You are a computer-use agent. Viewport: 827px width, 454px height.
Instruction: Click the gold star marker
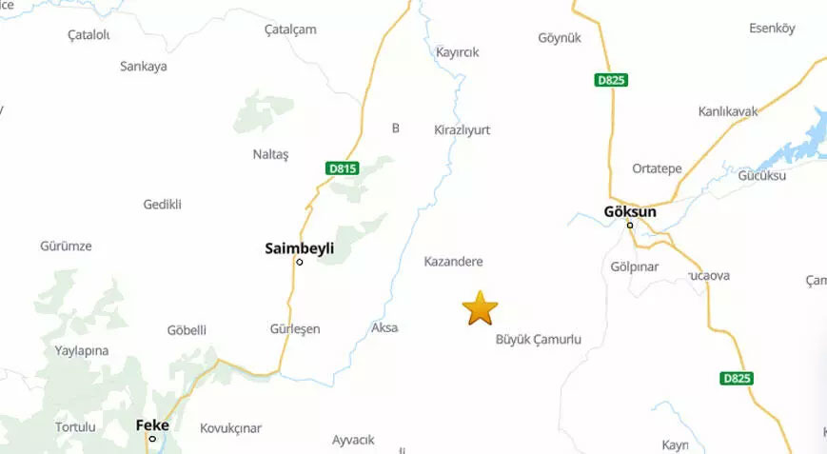pyautogui.click(x=480, y=308)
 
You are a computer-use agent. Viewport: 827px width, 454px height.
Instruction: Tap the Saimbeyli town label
pyautogui.click(x=300, y=247)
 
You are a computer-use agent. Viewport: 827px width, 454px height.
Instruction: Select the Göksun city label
pyautogui.click(x=630, y=211)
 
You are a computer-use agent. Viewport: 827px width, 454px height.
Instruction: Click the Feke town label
pyautogui.click(x=152, y=424)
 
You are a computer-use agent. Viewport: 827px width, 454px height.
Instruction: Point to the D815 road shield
pyautogui.click(x=342, y=168)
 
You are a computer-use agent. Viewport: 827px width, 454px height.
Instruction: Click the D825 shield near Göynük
pyautogui.click(x=611, y=80)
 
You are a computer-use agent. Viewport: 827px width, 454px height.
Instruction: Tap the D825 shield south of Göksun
pyautogui.click(x=737, y=378)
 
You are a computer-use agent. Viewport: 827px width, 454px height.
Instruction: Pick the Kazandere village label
pyautogui.click(x=453, y=261)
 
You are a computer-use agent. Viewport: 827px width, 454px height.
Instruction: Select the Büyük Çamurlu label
pyautogui.click(x=539, y=339)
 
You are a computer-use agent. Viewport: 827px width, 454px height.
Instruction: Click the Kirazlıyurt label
pyautogui.click(x=462, y=128)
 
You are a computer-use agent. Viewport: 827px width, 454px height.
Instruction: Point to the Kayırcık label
pyautogui.click(x=457, y=52)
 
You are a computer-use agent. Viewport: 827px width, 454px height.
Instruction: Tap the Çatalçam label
pyautogui.click(x=290, y=30)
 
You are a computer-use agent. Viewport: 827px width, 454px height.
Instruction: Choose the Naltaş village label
pyautogui.click(x=270, y=154)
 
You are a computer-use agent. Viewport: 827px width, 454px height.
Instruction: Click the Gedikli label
pyautogui.click(x=162, y=204)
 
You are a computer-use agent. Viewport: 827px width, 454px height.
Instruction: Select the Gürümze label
pyautogui.click(x=66, y=246)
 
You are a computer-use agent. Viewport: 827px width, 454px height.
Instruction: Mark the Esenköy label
pyautogui.click(x=772, y=29)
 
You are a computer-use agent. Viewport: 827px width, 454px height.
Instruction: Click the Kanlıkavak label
pyautogui.click(x=728, y=111)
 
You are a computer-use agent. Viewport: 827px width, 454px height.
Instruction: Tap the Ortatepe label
pyautogui.click(x=657, y=168)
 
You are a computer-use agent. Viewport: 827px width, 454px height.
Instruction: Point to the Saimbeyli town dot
pyautogui.click(x=300, y=262)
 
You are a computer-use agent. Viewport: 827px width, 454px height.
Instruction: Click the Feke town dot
pyautogui.click(x=152, y=439)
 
